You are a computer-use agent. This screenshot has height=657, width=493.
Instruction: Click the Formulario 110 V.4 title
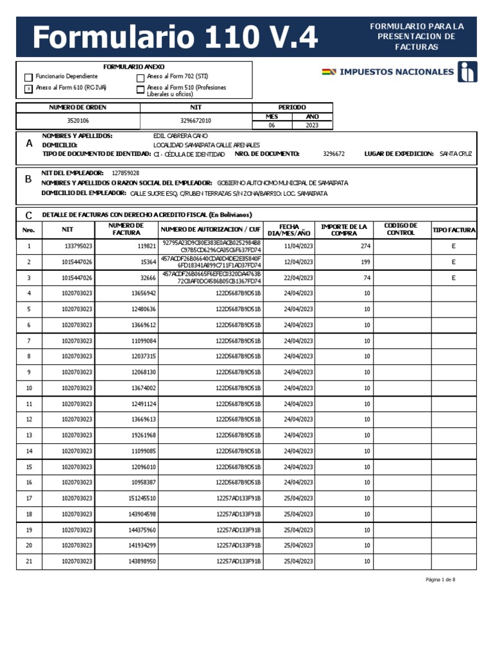[x=175, y=38]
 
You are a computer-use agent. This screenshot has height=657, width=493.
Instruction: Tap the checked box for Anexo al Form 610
[x=28, y=89]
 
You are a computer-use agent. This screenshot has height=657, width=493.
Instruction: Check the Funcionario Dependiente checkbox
[x=28, y=78]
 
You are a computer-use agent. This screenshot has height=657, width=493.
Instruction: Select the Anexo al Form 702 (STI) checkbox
[x=141, y=78]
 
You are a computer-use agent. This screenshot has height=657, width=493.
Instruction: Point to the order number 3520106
[x=78, y=121]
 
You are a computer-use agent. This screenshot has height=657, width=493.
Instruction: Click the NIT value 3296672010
[x=196, y=121]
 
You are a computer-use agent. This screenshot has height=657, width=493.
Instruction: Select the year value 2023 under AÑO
[x=312, y=125]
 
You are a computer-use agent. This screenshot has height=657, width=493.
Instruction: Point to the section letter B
[x=28, y=180]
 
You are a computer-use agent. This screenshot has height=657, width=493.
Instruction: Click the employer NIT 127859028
[x=125, y=173]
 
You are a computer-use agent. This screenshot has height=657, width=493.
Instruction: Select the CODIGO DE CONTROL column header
[x=401, y=229]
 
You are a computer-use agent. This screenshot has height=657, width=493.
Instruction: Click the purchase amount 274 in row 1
[x=365, y=246]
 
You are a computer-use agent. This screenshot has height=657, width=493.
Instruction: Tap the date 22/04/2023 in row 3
[x=298, y=278]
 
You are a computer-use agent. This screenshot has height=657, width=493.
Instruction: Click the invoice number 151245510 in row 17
[x=142, y=498]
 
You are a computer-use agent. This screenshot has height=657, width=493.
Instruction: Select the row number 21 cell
[x=28, y=561]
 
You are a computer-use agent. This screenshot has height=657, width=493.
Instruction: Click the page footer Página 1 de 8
[x=440, y=579]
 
